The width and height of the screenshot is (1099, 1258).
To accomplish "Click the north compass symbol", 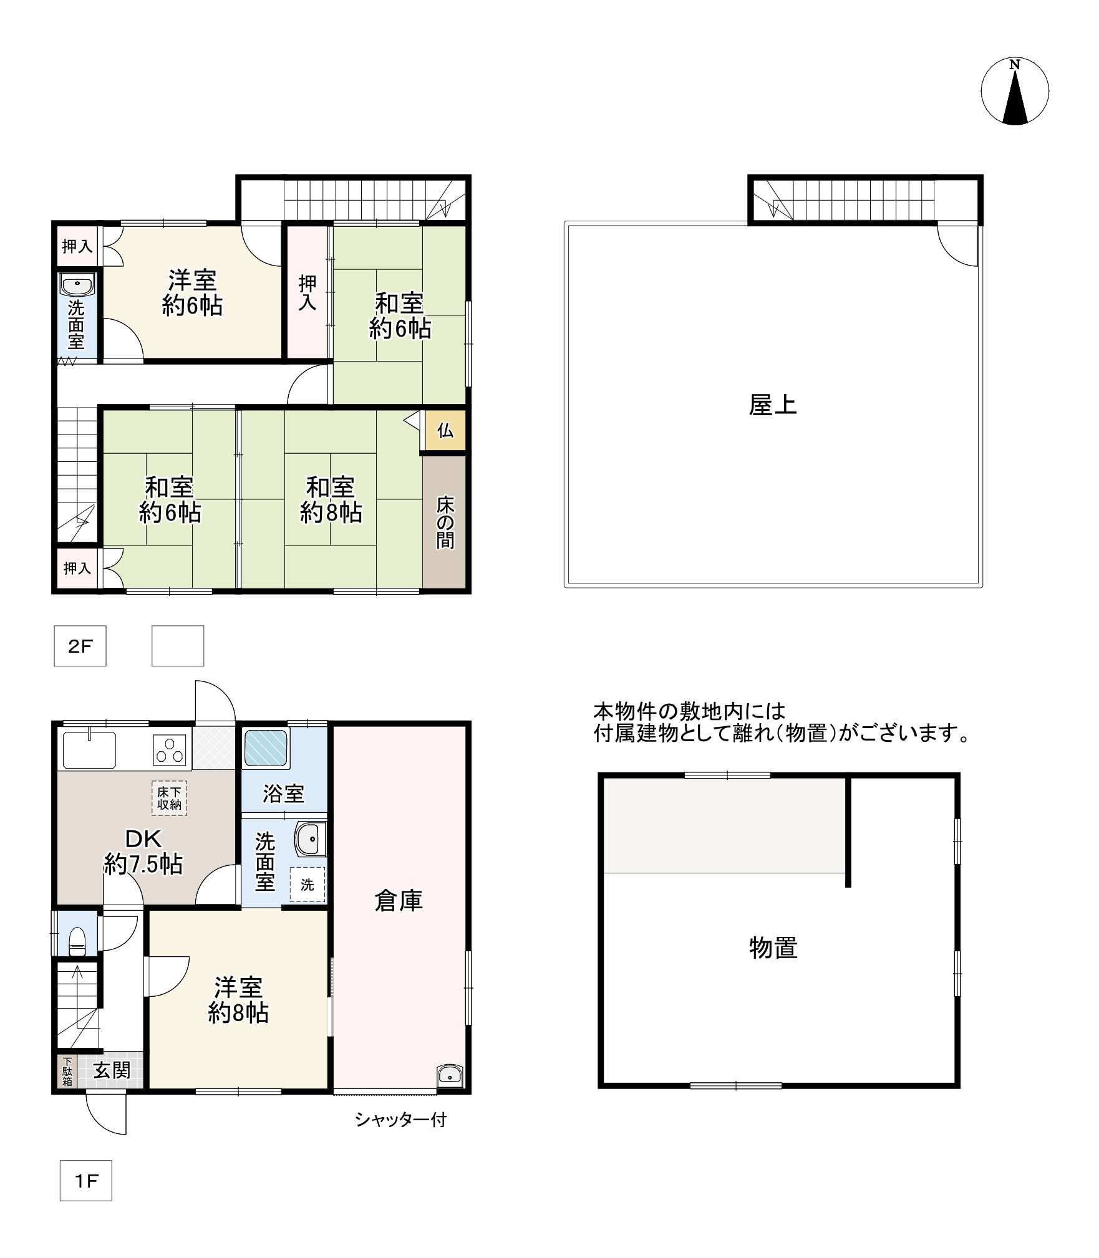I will click(x=1015, y=92).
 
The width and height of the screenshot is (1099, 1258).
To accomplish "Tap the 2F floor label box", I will click(x=80, y=646).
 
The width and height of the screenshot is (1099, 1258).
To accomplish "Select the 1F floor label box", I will click(x=86, y=1180).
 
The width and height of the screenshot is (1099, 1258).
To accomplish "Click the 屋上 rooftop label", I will click(x=773, y=405).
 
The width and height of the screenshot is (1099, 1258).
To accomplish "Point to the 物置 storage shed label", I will click(x=773, y=948).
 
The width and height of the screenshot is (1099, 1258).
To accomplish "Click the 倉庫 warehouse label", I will click(x=399, y=900).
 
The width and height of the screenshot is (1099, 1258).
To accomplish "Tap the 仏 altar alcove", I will click(x=445, y=430).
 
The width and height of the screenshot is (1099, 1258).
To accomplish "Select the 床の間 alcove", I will click(x=445, y=522).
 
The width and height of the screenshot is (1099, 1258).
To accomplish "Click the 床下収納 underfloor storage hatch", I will click(x=169, y=799).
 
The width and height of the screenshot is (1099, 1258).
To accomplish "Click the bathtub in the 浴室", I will click(x=266, y=748).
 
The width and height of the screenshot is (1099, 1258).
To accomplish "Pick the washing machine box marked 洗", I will click(x=307, y=884).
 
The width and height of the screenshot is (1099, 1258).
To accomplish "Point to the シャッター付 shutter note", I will click(x=401, y=1120).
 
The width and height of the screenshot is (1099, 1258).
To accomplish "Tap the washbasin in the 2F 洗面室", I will click(x=77, y=286).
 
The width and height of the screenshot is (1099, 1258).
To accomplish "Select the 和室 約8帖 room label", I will click(x=331, y=499).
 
